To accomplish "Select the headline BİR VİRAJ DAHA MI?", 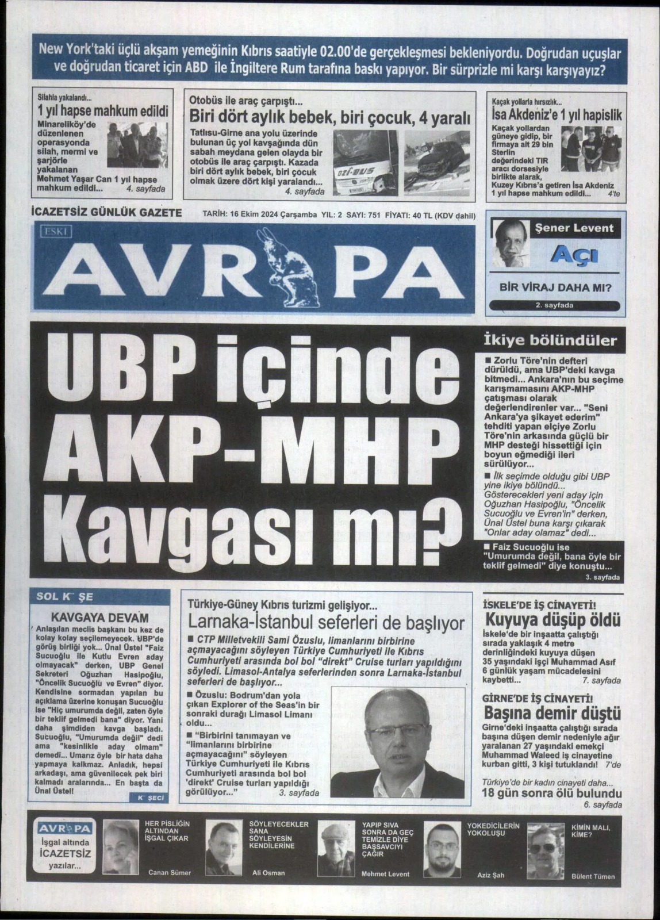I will pos(555,287).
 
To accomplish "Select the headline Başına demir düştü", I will pos(553,714).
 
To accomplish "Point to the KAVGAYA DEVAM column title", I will pos(100,618).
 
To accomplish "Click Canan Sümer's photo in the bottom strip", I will pos(121,849).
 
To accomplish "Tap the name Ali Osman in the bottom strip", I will pos(268,873).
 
